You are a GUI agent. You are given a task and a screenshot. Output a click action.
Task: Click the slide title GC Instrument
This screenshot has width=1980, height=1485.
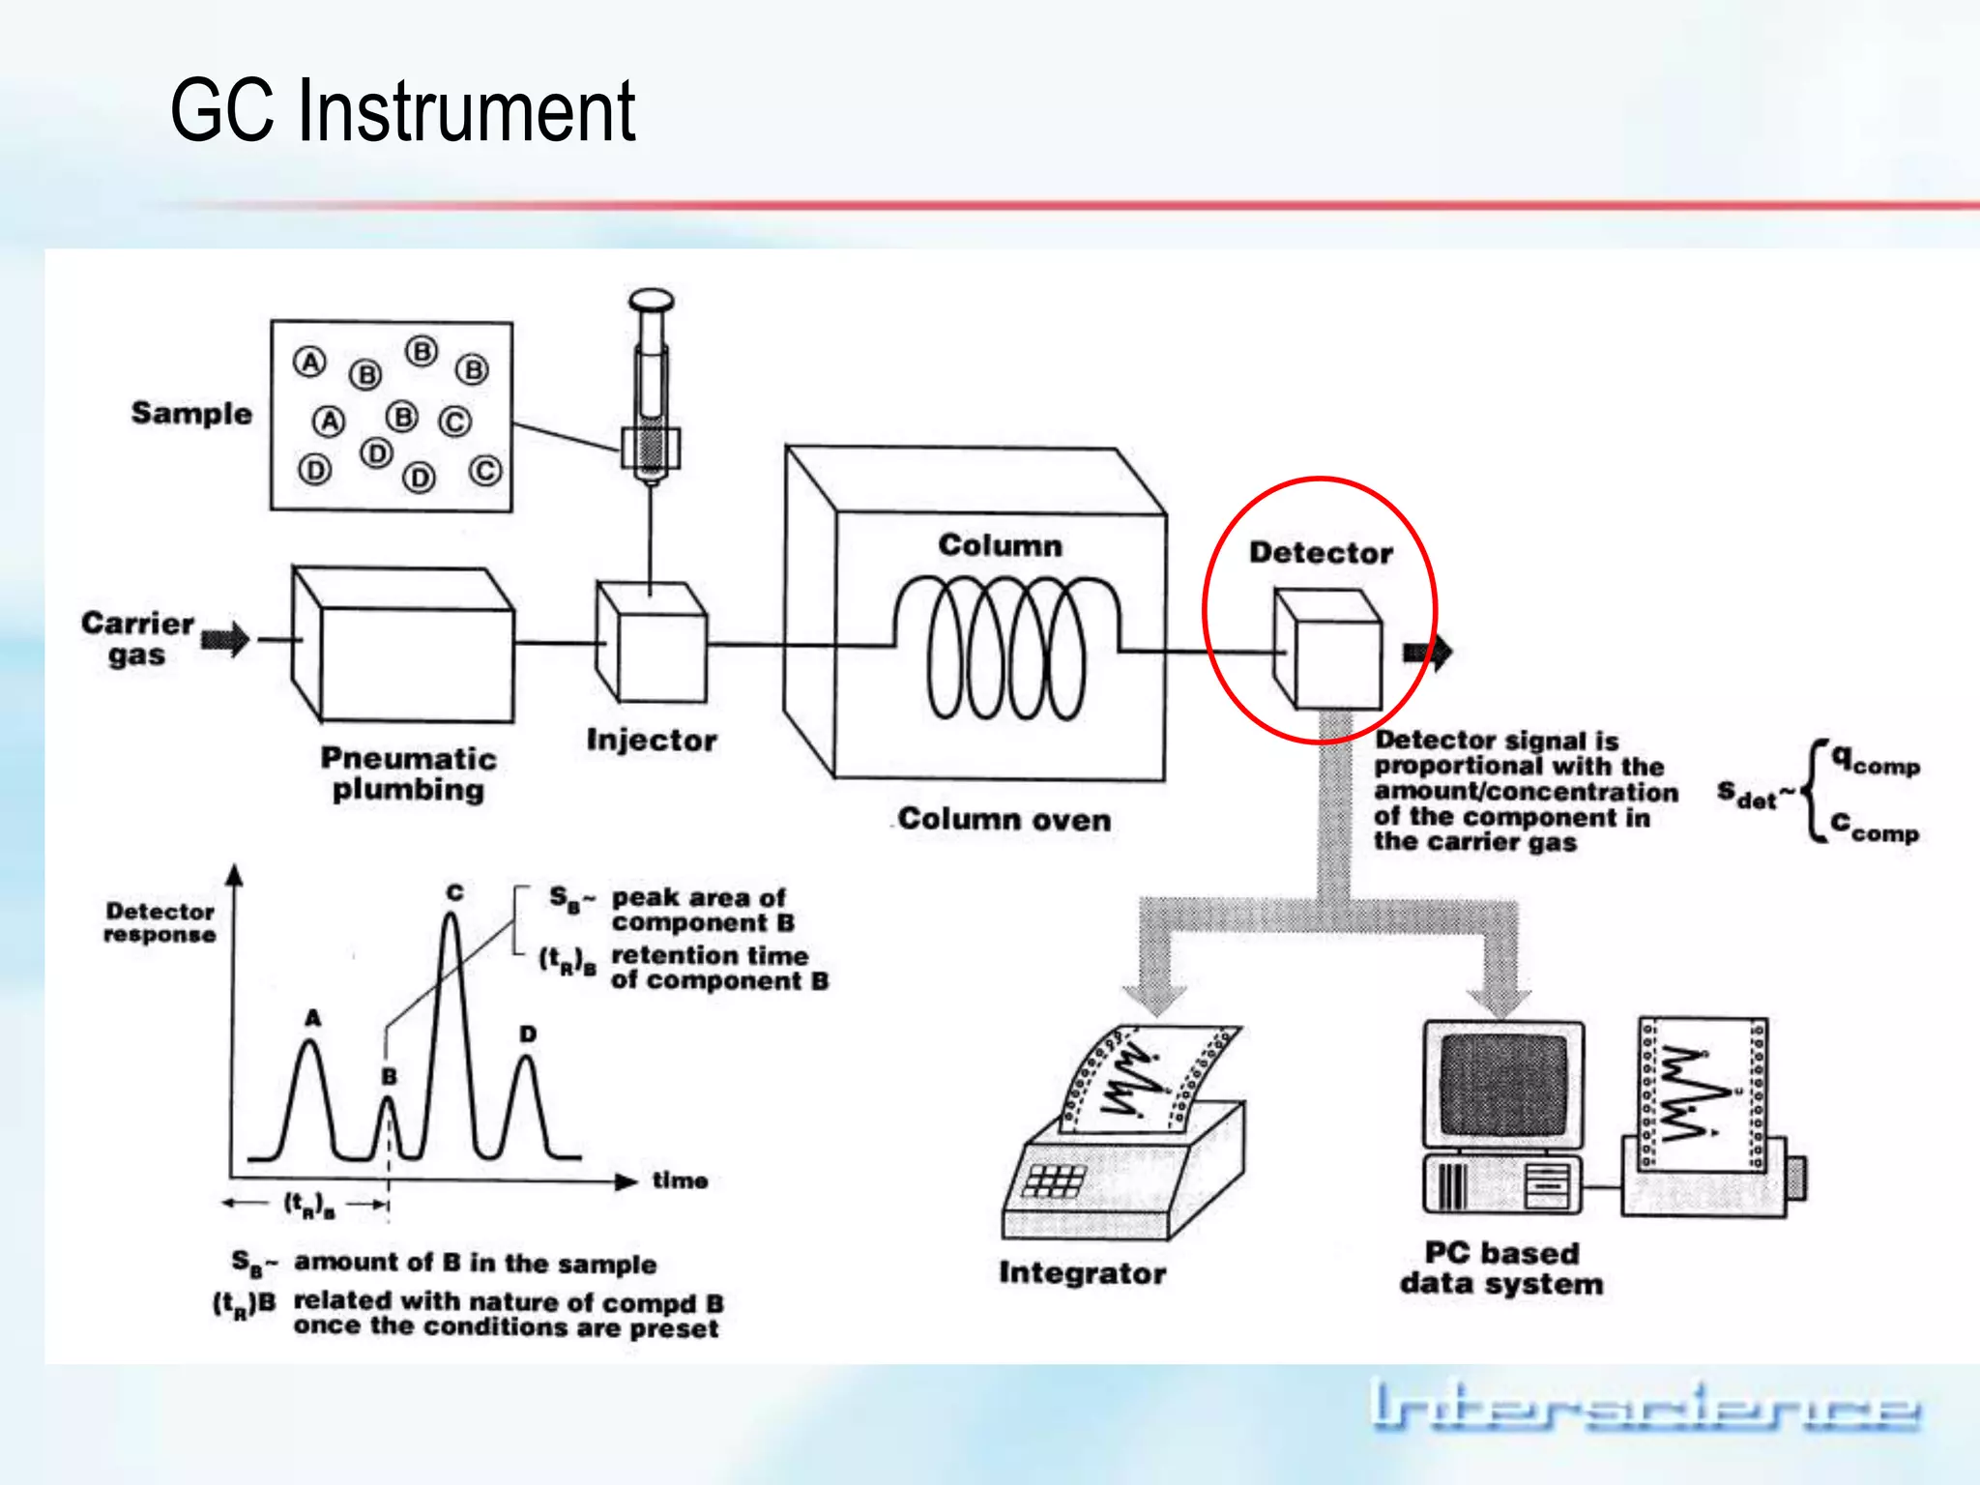click(402, 111)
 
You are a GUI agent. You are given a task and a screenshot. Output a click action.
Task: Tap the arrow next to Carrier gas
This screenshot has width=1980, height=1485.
click(225, 639)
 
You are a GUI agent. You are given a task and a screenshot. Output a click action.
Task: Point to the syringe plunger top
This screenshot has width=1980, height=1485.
click(651, 300)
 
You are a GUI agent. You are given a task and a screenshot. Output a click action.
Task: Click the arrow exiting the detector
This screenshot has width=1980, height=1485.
click(1428, 653)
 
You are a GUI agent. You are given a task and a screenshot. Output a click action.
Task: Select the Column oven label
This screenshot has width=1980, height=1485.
click(1004, 820)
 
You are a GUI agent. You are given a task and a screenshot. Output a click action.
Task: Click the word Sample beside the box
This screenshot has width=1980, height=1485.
click(191, 414)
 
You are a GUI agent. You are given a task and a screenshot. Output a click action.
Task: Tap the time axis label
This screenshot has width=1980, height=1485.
click(680, 1180)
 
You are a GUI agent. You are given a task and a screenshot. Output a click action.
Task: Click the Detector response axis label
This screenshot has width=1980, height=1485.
click(160, 923)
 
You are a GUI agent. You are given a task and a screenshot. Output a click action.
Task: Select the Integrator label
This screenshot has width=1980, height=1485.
click(1082, 1273)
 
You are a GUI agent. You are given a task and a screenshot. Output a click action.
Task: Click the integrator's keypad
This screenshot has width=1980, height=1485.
click(1054, 1180)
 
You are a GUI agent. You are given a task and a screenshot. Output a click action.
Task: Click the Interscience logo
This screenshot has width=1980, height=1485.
click(1644, 1407)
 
